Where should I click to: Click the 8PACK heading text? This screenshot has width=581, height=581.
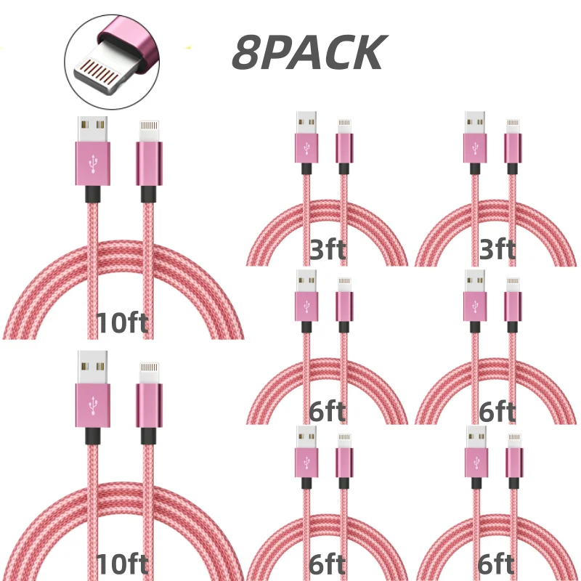tap(309, 52)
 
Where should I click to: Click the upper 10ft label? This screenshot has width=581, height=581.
tap(122, 322)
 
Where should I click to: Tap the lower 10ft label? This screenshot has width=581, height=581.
tap(122, 564)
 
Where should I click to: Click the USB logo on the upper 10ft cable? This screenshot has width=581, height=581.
tap(93, 163)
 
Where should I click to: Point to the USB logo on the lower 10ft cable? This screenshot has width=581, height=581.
tap(93, 405)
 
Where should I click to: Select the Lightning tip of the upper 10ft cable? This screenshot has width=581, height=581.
tap(150, 131)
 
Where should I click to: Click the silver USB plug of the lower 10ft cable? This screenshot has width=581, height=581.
tap(93, 367)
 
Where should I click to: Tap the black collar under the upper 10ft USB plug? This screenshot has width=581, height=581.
tap(93, 194)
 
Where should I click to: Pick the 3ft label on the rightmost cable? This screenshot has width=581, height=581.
tap(497, 249)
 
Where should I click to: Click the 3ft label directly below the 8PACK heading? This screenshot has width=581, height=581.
tap(328, 249)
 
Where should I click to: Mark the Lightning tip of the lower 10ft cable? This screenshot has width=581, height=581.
tap(150, 373)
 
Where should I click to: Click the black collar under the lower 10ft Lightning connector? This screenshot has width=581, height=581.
tap(149, 436)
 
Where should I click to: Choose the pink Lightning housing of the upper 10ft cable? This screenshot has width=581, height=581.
tap(149, 163)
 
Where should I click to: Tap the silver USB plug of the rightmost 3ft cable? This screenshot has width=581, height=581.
tap(475, 122)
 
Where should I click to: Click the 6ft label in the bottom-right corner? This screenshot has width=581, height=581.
tap(496, 564)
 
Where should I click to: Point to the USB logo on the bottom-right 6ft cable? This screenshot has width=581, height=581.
tap(476, 462)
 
